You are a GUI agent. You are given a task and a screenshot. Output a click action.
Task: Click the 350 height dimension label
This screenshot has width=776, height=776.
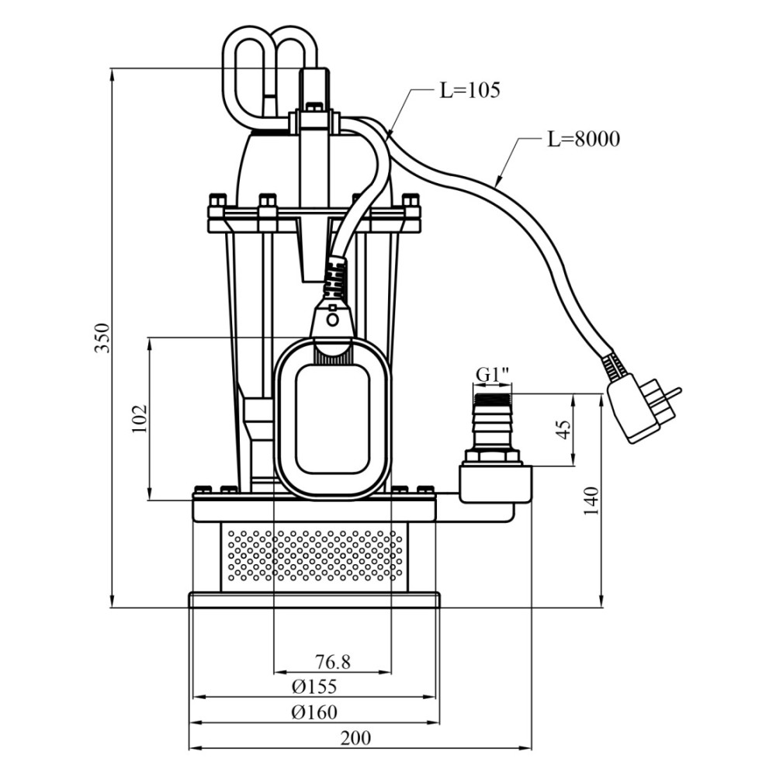pyautogui.click(x=102, y=338)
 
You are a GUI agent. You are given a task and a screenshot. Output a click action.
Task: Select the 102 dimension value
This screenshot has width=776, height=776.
pyautogui.click(x=140, y=419)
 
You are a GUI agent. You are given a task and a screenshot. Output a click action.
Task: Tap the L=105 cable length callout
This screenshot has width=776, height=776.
pyautogui.click(x=470, y=90)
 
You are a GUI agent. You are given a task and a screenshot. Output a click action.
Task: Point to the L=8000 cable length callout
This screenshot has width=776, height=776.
pyautogui.click(x=584, y=139)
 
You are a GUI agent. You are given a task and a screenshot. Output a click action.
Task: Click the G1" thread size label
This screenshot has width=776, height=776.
pyautogui.click(x=493, y=375)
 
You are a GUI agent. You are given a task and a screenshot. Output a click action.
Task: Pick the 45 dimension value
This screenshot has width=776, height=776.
pyautogui.click(x=563, y=430)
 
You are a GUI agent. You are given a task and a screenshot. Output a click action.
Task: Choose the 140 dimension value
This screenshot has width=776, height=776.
pyautogui.click(x=591, y=501)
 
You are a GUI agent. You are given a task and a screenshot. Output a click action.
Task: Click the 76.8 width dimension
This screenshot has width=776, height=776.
pyautogui.click(x=333, y=661)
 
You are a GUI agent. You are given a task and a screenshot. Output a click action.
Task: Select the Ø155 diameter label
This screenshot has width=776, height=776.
pyautogui.click(x=314, y=687)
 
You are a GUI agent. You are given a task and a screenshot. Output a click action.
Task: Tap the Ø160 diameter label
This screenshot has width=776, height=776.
pyautogui.click(x=314, y=712)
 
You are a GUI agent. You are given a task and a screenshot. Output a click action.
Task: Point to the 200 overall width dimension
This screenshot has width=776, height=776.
pyautogui.click(x=355, y=738)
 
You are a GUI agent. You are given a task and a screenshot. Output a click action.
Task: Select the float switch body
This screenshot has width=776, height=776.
pyautogui.click(x=332, y=417)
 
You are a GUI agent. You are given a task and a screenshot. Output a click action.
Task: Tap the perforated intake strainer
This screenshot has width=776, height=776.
pyautogui.click(x=315, y=556)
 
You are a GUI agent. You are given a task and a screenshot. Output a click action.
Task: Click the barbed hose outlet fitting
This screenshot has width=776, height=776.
pyautogui.click(x=493, y=421)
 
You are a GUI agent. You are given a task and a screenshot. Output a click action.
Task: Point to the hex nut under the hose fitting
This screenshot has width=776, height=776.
pyautogui.click(x=493, y=456)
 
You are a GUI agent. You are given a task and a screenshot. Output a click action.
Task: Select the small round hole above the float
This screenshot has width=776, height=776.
pyautogui.click(x=333, y=320)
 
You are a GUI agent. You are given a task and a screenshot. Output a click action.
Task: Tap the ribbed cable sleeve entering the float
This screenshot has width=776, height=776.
pyautogui.click(x=335, y=278)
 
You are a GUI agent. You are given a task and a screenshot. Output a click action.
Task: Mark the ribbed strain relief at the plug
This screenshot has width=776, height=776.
pyautogui.click(x=613, y=366)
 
